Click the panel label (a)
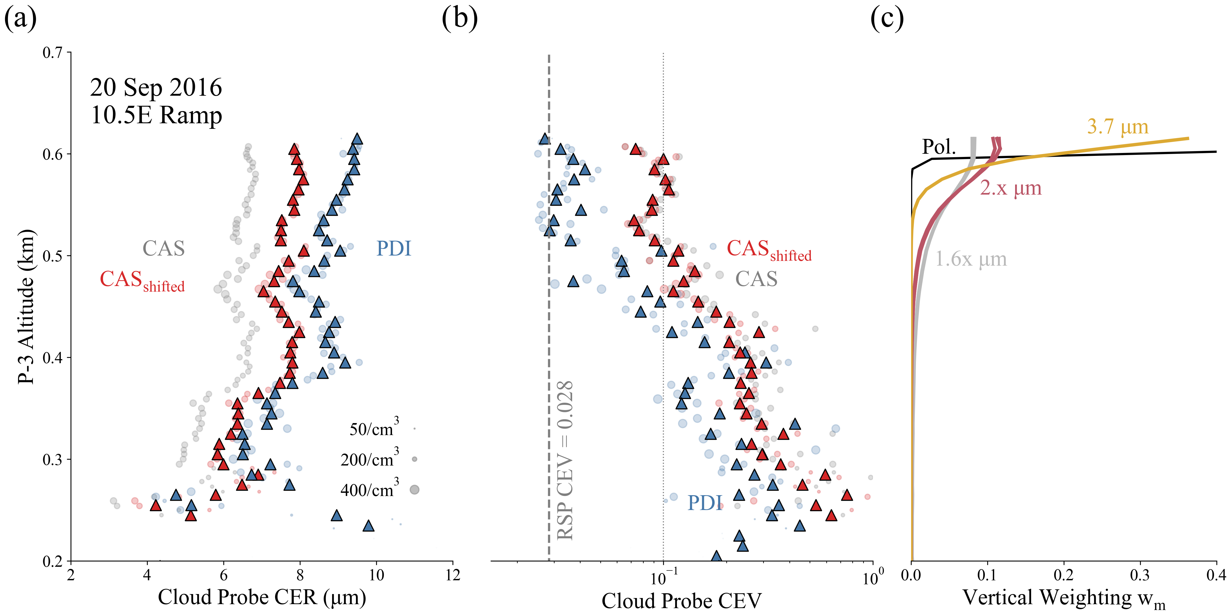(20, 19)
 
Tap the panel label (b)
(459, 19)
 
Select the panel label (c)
(887, 19)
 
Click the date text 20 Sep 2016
(156, 88)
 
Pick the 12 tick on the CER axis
(453, 575)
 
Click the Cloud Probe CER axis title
(262, 597)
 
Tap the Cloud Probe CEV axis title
(681, 600)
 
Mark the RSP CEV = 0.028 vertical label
(565, 460)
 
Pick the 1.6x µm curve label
(971, 259)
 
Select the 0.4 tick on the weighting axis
(1216, 575)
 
